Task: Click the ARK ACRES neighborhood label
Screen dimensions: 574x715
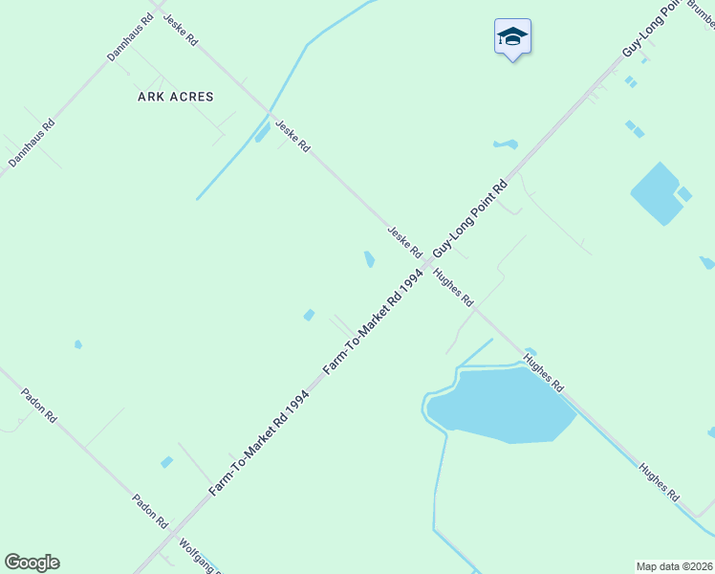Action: click(176, 97)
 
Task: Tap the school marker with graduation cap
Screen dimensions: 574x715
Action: click(512, 37)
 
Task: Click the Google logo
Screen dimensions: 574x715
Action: click(32, 563)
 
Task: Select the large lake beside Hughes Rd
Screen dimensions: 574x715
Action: click(502, 405)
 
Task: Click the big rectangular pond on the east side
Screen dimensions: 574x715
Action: click(655, 192)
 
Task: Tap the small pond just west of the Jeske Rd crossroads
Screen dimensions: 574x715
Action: click(369, 259)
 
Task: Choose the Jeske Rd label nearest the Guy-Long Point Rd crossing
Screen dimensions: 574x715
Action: click(404, 241)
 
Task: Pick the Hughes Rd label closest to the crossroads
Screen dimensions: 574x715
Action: click(453, 286)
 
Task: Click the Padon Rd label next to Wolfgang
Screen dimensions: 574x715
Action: click(150, 512)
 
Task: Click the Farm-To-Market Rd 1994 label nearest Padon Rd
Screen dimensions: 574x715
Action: click(258, 443)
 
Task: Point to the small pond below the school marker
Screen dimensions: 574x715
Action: click(506, 144)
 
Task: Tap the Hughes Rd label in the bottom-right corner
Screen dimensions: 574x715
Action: click(660, 483)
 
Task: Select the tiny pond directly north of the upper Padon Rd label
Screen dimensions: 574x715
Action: click(78, 344)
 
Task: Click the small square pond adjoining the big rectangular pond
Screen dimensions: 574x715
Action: click(684, 194)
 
